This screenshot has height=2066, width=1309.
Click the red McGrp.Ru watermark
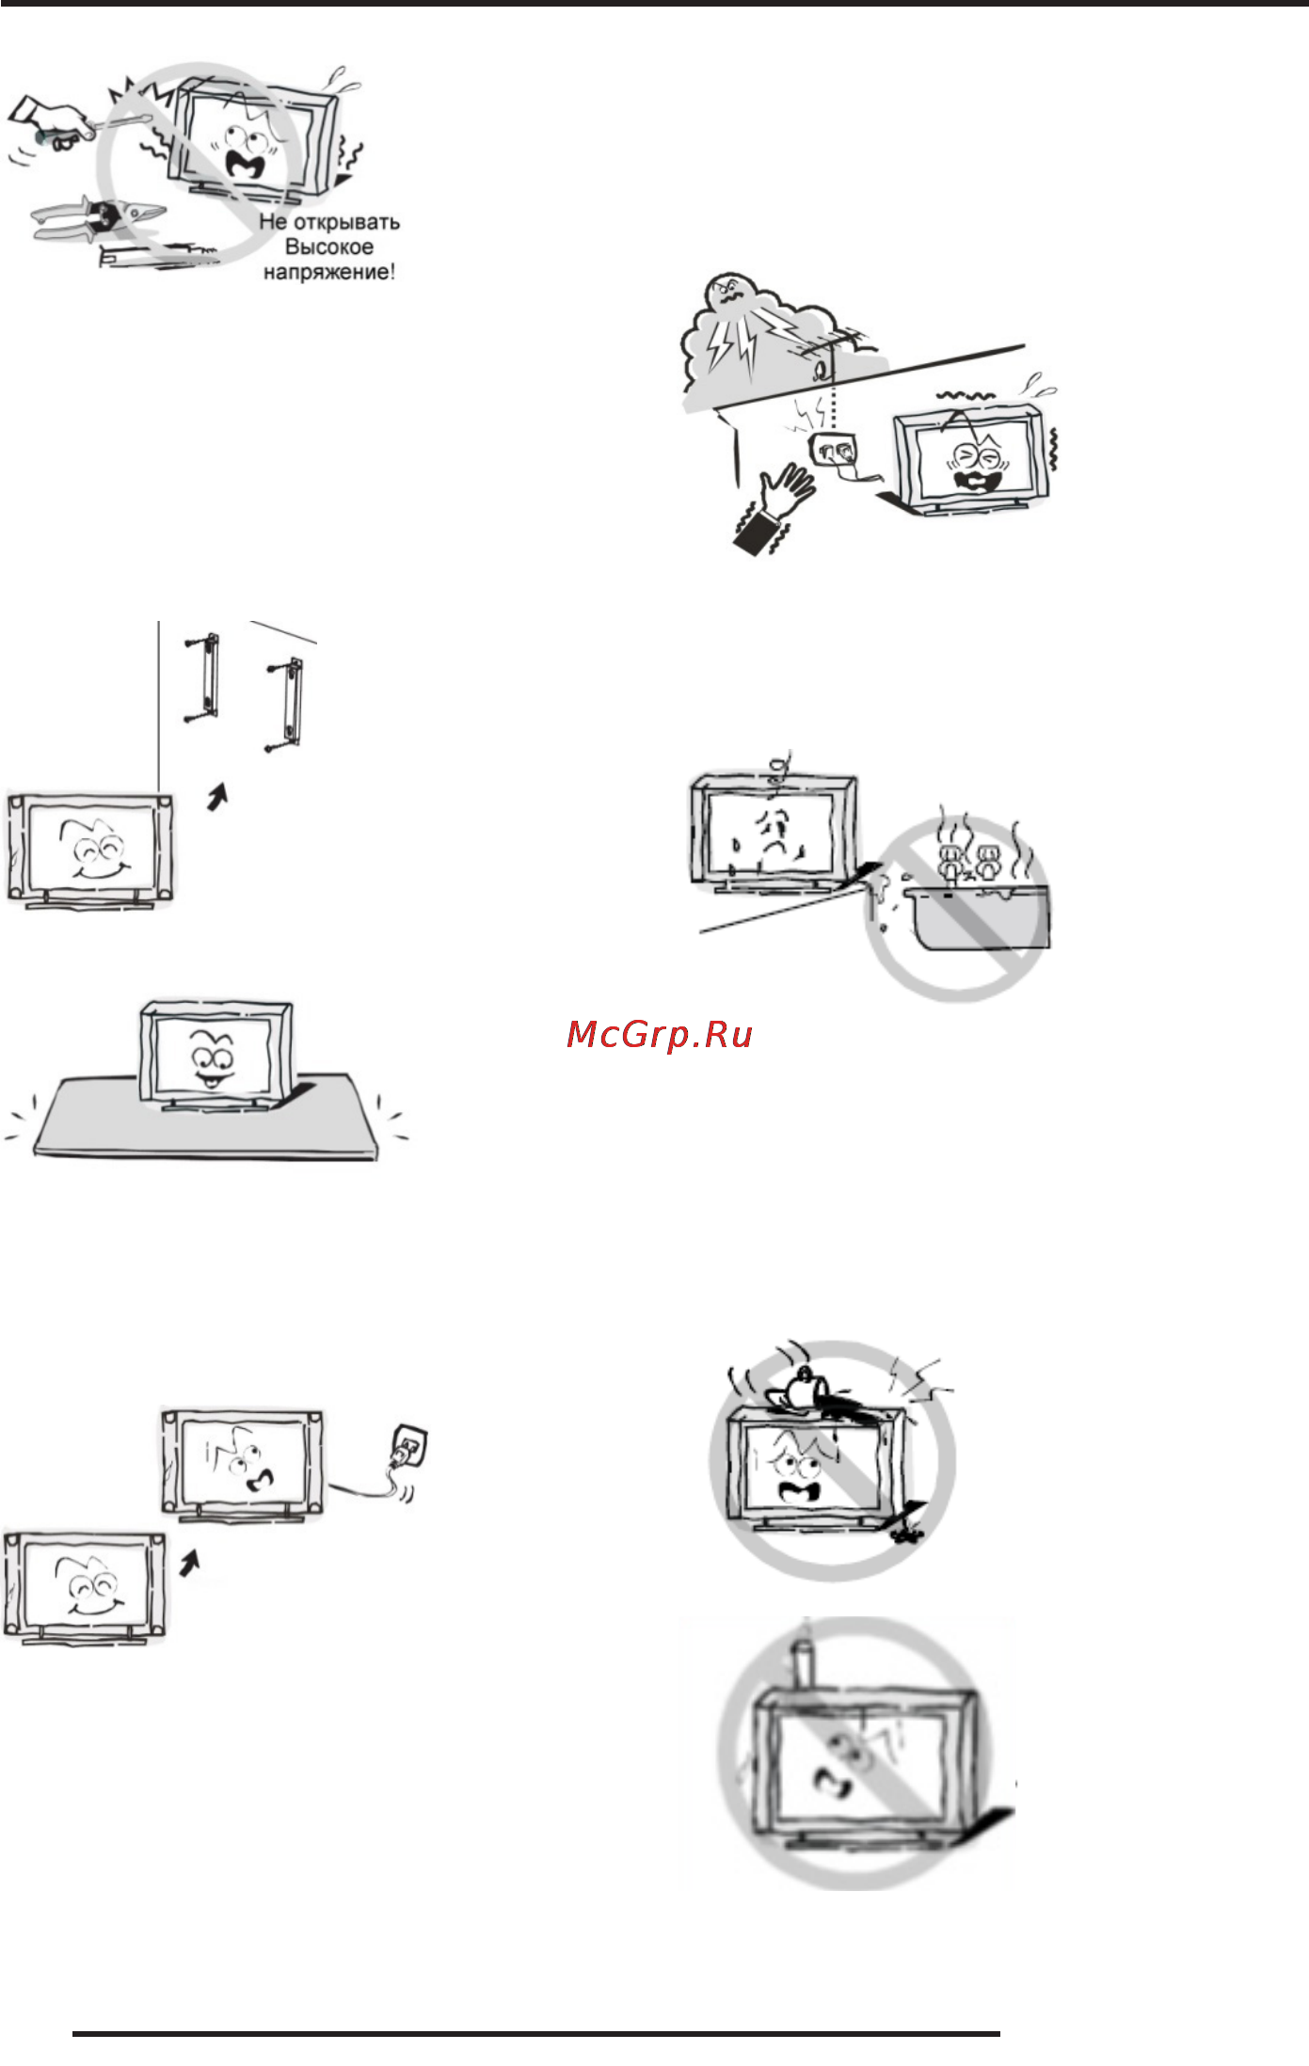point(660,1035)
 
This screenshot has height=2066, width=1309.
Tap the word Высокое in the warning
point(329,247)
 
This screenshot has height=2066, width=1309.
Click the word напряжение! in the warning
point(329,273)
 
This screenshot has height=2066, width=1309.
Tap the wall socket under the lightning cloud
point(836,449)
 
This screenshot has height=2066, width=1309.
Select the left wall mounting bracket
point(207,676)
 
